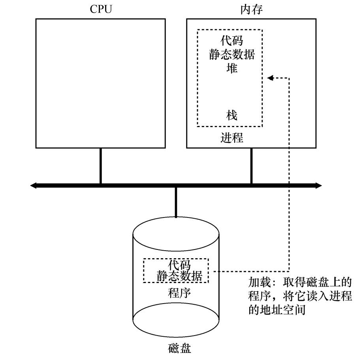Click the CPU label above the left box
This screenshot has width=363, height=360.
pos(101,9)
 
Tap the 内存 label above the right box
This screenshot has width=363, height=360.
pos(251,9)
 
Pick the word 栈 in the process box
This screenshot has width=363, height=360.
pos(232,115)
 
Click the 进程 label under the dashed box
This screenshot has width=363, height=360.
pos(232,138)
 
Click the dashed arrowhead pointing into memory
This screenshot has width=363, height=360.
pos(270,78)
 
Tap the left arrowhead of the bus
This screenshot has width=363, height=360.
pos(34,185)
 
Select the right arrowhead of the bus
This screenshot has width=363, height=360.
pos(318,185)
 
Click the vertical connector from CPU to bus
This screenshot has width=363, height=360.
pos(101,166)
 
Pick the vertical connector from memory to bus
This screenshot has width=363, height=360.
pos(251,166)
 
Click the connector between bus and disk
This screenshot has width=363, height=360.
pos(176,201)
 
